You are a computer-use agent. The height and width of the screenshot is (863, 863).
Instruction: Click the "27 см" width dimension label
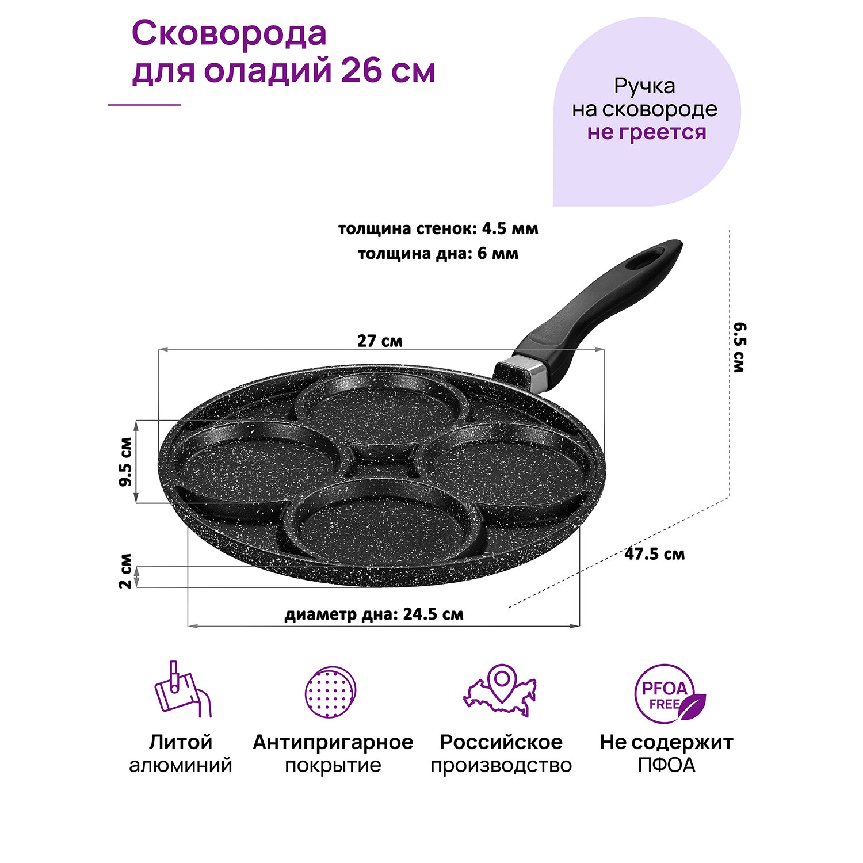click(380, 341)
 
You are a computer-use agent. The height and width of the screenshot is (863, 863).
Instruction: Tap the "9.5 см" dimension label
click(126, 461)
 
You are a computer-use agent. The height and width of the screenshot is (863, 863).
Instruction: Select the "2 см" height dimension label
click(126, 571)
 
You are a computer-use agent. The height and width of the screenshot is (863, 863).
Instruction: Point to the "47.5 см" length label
click(654, 554)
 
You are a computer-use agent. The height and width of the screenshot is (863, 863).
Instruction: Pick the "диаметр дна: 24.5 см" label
click(374, 614)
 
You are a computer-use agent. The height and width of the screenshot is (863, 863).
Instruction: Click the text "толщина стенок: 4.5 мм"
click(438, 228)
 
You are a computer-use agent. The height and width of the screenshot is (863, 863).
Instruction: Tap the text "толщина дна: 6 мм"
click(438, 254)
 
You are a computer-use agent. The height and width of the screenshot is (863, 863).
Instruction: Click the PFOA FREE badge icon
click(668, 693)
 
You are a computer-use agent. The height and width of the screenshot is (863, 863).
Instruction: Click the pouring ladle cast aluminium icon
click(181, 690)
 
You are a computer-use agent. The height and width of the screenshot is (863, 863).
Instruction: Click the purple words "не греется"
click(646, 132)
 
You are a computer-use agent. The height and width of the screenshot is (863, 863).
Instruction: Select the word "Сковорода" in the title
click(229, 35)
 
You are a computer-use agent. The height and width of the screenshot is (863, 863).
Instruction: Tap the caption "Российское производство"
click(501, 754)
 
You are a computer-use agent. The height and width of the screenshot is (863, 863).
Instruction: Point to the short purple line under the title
click(144, 105)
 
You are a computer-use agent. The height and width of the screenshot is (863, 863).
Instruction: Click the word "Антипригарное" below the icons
click(333, 742)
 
